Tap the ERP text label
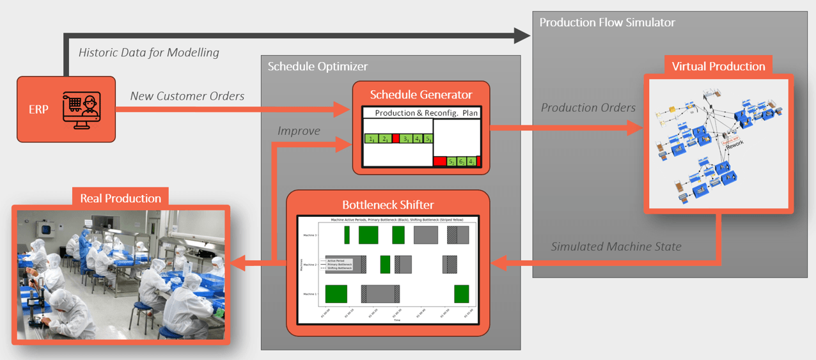click(x=38, y=109)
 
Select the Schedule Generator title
click(x=421, y=95)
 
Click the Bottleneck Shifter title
click(x=388, y=205)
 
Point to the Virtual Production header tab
click(x=718, y=67)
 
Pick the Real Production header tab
click(x=120, y=198)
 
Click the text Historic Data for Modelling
click(x=148, y=52)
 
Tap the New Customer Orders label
click(x=187, y=96)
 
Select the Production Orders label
click(x=588, y=107)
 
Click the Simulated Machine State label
click(x=616, y=246)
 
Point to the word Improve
click(x=299, y=130)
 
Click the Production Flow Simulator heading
click(x=607, y=22)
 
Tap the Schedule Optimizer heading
click(x=317, y=67)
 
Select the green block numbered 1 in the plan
click(x=372, y=138)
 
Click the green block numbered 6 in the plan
click(x=462, y=162)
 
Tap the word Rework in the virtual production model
click(x=737, y=145)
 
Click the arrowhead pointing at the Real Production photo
click(x=237, y=262)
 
